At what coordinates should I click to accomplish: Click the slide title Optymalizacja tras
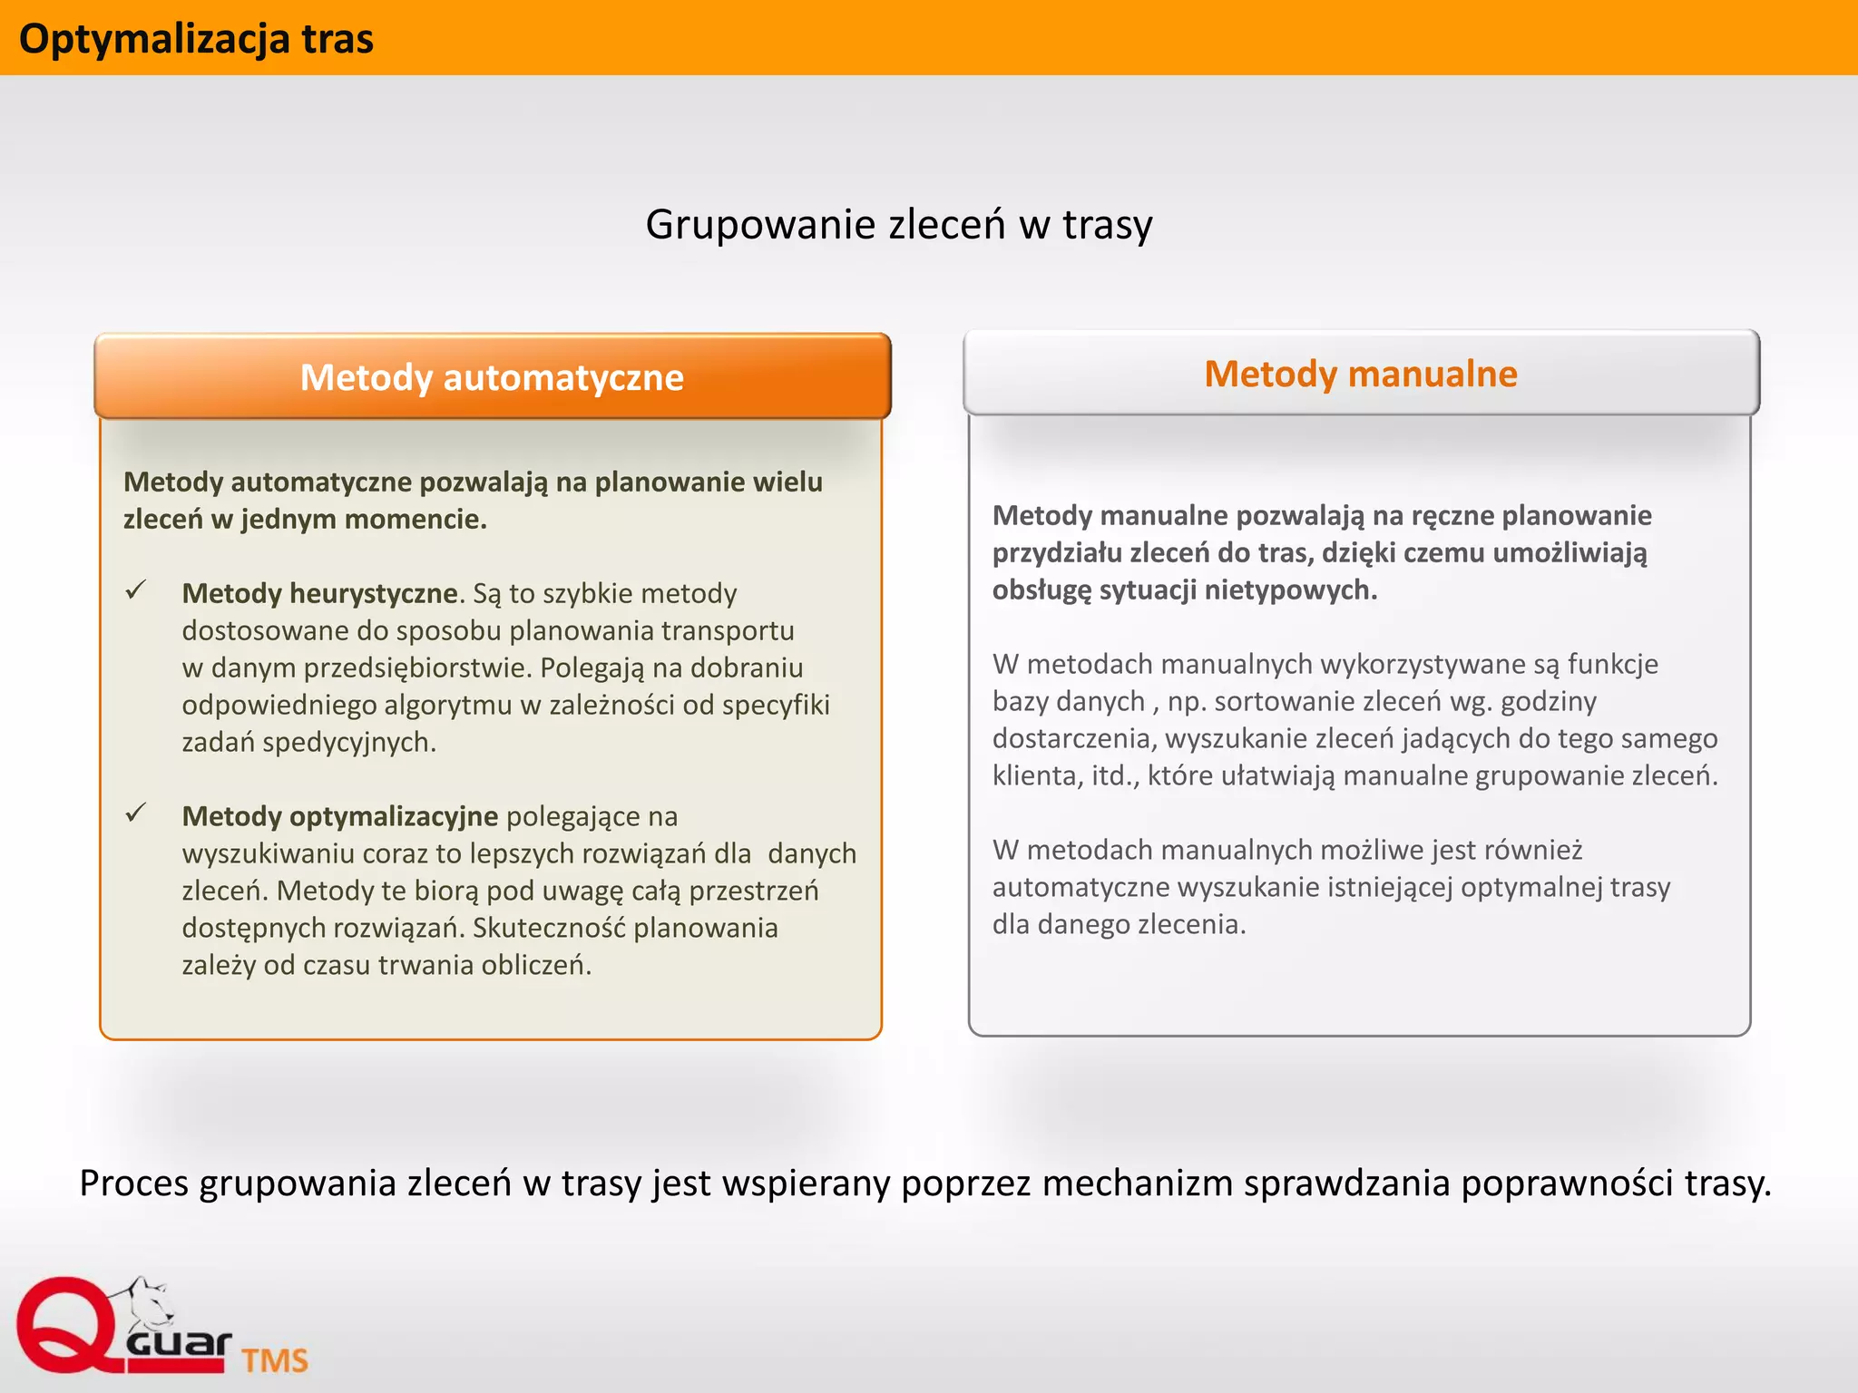point(196,39)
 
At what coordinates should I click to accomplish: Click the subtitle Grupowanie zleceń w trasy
point(898,224)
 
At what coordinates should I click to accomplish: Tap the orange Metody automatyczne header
point(492,377)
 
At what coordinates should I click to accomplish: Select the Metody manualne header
point(1360,374)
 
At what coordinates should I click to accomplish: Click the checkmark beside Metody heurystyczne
point(136,590)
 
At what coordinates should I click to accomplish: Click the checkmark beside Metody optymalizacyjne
point(136,813)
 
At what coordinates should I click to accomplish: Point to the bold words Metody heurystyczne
point(319,593)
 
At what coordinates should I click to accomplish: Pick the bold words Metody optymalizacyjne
point(339,816)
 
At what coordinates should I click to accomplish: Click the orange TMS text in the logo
point(274,1360)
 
